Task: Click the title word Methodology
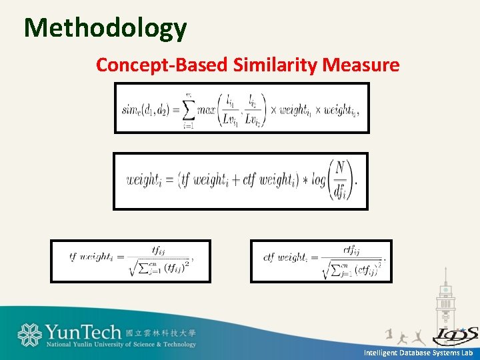[105, 28]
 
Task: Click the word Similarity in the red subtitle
[276, 65]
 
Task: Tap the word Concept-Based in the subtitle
[162, 65]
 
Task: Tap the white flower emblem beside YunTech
[29, 335]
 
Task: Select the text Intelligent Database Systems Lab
[418, 353]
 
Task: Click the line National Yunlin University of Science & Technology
[121, 345]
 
